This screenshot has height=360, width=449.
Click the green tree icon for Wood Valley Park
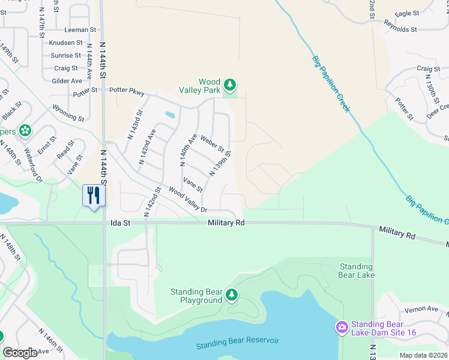click(x=229, y=83)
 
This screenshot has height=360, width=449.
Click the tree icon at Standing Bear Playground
click(x=232, y=295)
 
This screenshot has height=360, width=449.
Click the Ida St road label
click(x=120, y=223)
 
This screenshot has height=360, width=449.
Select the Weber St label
click(x=212, y=144)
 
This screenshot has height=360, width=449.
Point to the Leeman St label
click(x=80, y=29)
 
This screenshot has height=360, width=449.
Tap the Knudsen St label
click(x=66, y=43)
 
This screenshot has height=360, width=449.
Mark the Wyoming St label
click(x=68, y=114)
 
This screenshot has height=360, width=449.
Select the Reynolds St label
click(x=401, y=29)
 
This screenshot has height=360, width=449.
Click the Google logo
click(x=20, y=353)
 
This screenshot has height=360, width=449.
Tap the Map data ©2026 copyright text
click(x=423, y=355)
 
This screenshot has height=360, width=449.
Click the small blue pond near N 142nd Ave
click(x=170, y=115)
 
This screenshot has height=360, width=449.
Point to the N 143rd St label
click(x=134, y=125)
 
